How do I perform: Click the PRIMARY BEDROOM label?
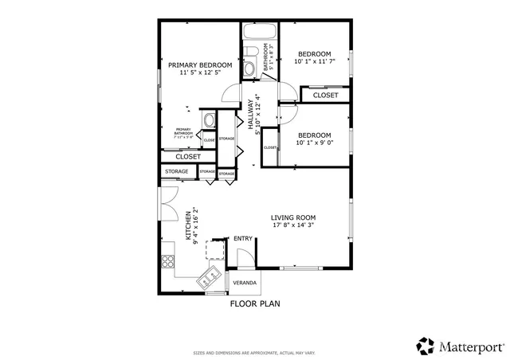pyautogui.click(x=199, y=65)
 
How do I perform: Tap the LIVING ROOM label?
pyautogui.click(x=293, y=217)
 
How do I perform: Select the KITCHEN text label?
pyautogui.click(x=189, y=225)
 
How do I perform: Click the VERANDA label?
pyautogui.click(x=245, y=283)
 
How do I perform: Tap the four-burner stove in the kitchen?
pyautogui.click(x=168, y=260)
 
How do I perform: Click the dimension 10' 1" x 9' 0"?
pyautogui.click(x=314, y=144)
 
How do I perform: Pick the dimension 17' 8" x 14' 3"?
pyautogui.click(x=293, y=226)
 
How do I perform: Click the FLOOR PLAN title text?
pyautogui.click(x=255, y=303)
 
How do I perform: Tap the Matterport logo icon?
pyautogui.click(x=425, y=346)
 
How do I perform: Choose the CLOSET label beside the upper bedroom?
pyautogui.click(x=325, y=95)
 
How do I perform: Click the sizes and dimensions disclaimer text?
pyautogui.click(x=255, y=352)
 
